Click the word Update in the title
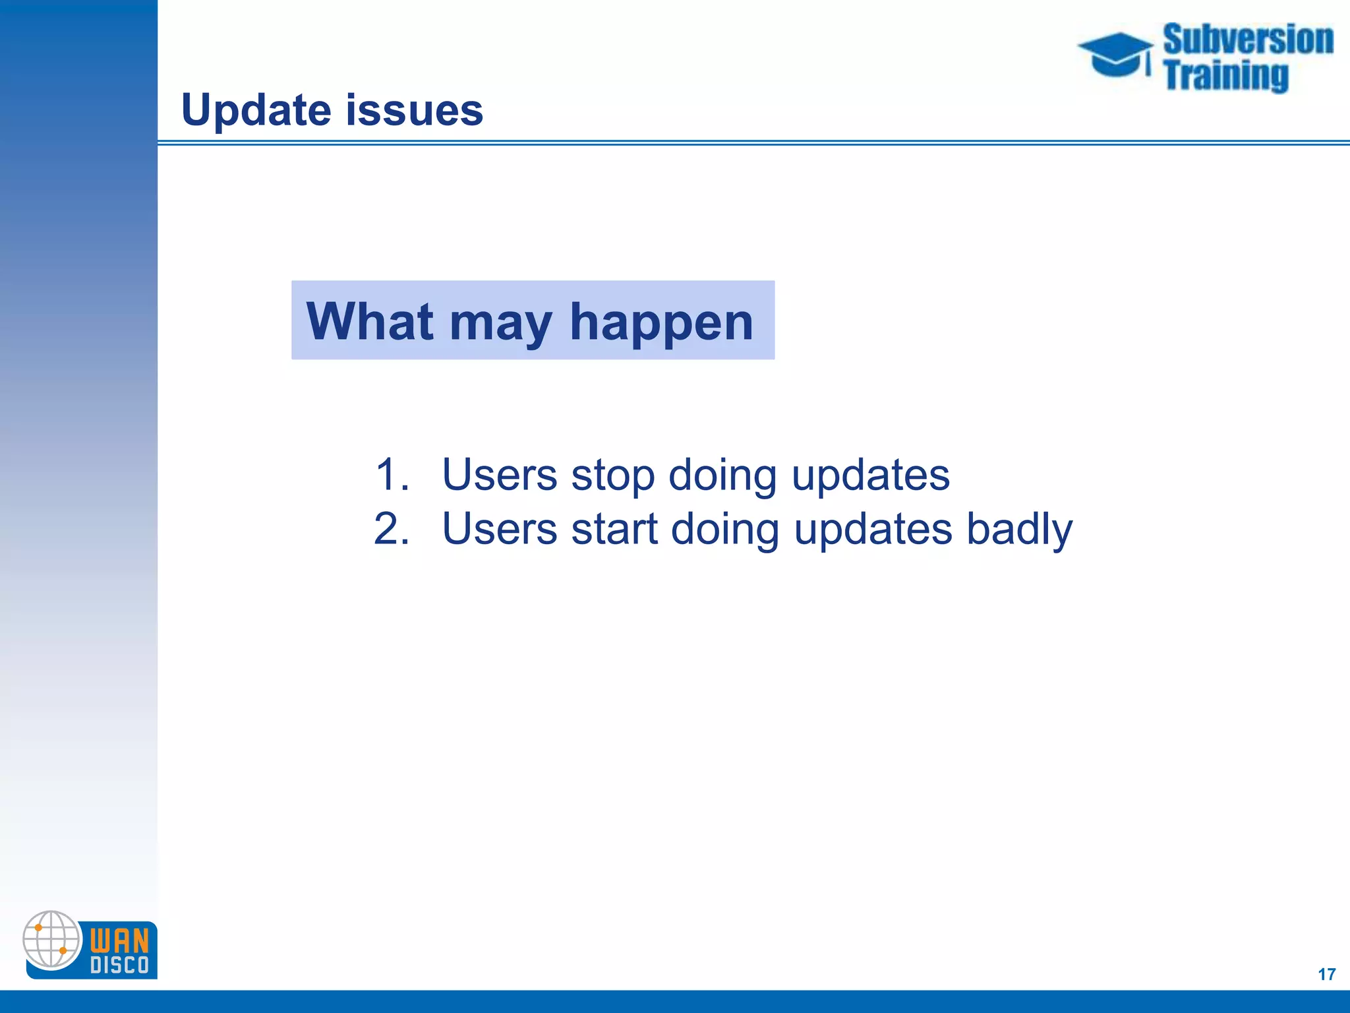[x=255, y=110]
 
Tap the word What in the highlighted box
[x=370, y=321]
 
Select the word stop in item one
[x=612, y=476]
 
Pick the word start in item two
[x=614, y=530]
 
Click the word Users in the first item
[x=499, y=474]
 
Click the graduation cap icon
[x=1115, y=54]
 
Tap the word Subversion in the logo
[x=1248, y=40]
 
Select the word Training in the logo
[x=1225, y=75]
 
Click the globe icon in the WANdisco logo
[x=51, y=939]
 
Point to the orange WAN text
[x=119, y=940]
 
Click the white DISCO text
[x=119, y=966]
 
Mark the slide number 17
[x=1326, y=974]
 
